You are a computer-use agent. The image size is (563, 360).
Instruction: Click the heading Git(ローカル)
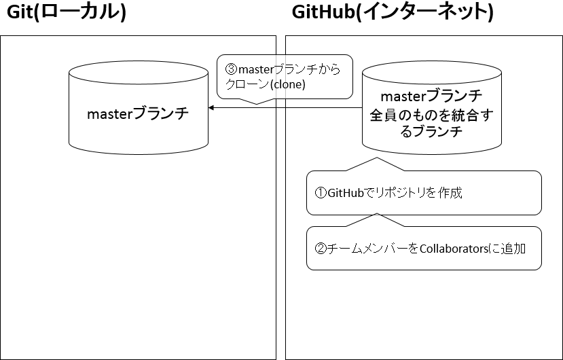(66, 14)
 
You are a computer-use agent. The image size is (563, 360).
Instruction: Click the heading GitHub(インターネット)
(392, 14)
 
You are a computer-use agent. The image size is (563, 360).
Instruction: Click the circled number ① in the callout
(321, 193)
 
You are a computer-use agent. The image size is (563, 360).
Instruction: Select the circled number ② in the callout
(321, 248)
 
